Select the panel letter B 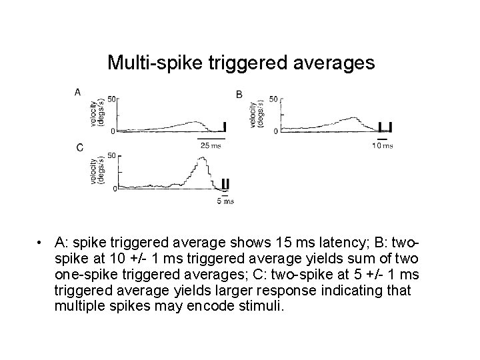pos(239,94)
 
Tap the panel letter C pos(79,147)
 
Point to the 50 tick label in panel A pos(113,99)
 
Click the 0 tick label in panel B pos(276,131)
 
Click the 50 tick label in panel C pos(113,155)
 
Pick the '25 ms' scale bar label pos(211,145)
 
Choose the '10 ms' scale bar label pos(383,145)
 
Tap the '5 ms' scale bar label pos(226,201)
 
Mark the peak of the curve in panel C pos(202,159)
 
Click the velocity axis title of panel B pos(257,115)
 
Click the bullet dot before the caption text pos(41,241)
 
